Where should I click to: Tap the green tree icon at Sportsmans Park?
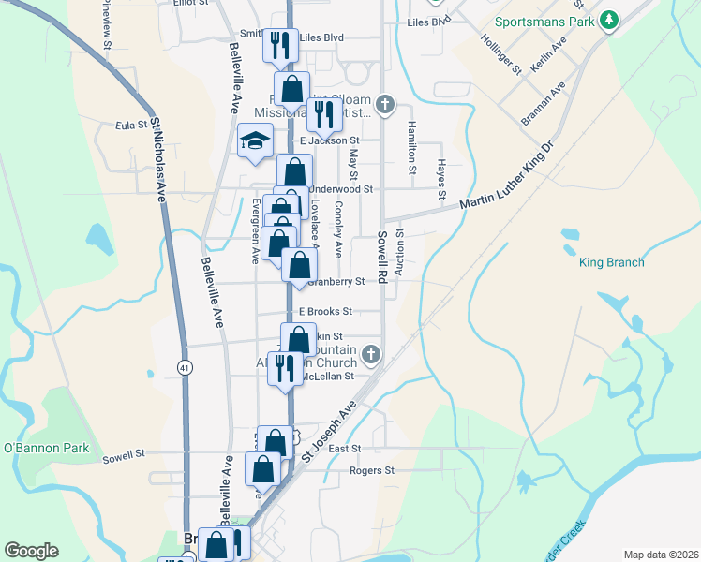tap(610, 20)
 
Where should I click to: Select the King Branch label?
tap(611, 262)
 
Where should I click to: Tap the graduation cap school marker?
tap(254, 141)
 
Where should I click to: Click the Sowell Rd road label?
tap(382, 256)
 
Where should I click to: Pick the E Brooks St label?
tap(325, 311)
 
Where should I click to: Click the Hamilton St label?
tap(410, 148)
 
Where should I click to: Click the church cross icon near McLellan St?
tap(371, 355)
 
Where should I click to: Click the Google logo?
tap(31, 551)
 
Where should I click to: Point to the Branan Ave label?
tap(544, 102)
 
